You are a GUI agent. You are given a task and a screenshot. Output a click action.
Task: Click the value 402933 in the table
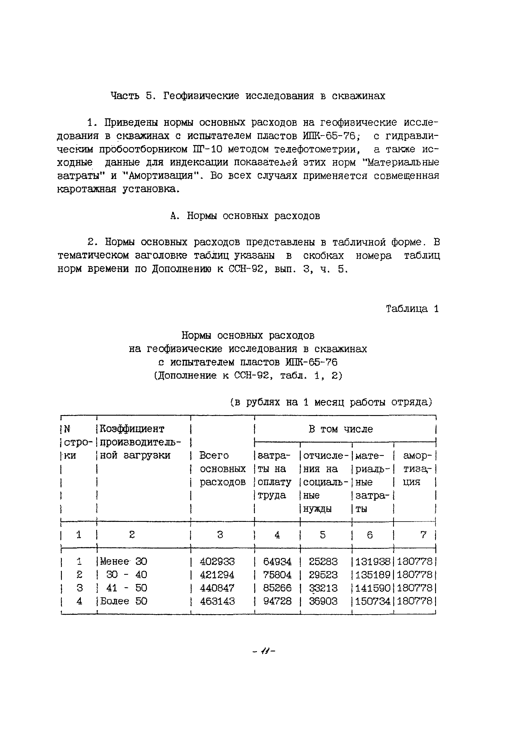click(x=217, y=561)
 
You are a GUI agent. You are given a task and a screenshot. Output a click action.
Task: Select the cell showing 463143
click(x=217, y=601)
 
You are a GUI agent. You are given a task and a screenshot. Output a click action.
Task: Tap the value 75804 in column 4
click(x=277, y=575)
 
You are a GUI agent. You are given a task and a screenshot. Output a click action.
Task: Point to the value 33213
click(x=323, y=588)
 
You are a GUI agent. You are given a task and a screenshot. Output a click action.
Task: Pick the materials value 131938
click(x=372, y=561)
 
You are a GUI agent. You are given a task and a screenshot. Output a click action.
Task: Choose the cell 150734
click(x=372, y=601)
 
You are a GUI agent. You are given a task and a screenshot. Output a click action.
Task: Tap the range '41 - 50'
click(x=126, y=588)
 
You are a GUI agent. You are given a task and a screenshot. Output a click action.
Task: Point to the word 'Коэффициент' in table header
click(x=132, y=429)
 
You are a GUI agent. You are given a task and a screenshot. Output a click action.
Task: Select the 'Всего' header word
click(x=214, y=456)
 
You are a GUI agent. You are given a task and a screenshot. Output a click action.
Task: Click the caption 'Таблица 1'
click(x=412, y=309)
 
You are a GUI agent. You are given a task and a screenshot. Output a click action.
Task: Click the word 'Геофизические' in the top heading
click(x=201, y=96)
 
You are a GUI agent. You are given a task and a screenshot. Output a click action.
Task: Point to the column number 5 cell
click(x=323, y=535)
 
